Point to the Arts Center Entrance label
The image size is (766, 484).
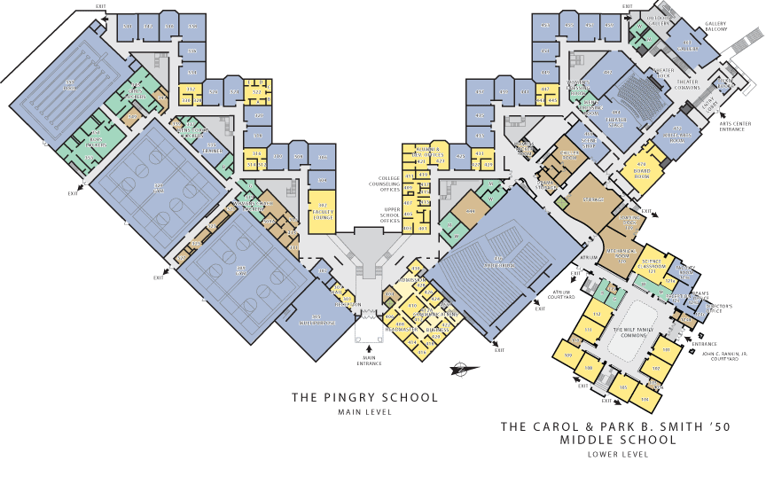[743, 127]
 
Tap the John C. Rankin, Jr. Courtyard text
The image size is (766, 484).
[726, 356]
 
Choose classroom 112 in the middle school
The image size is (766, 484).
[597, 314]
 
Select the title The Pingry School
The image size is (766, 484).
[364, 397]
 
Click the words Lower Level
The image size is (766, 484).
[618, 454]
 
